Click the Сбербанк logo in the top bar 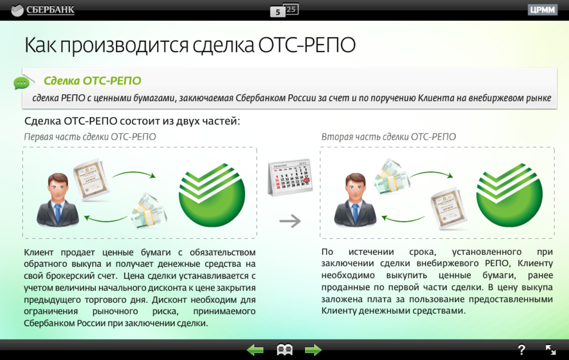(x=43, y=10)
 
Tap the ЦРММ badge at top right (x=543, y=10)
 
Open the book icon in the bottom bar (x=284, y=350)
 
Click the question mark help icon (x=522, y=350)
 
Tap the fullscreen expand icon (x=551, y=350)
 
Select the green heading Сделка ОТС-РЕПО (x=92, y=81)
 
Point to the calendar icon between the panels (x=290, y=177)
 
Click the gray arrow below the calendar (x=290, y=221)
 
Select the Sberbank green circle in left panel (x=212, y=194)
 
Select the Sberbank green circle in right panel (x=509, y=194)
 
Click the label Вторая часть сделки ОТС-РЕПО (x=388, y=137)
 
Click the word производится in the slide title (x=124, y=46)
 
